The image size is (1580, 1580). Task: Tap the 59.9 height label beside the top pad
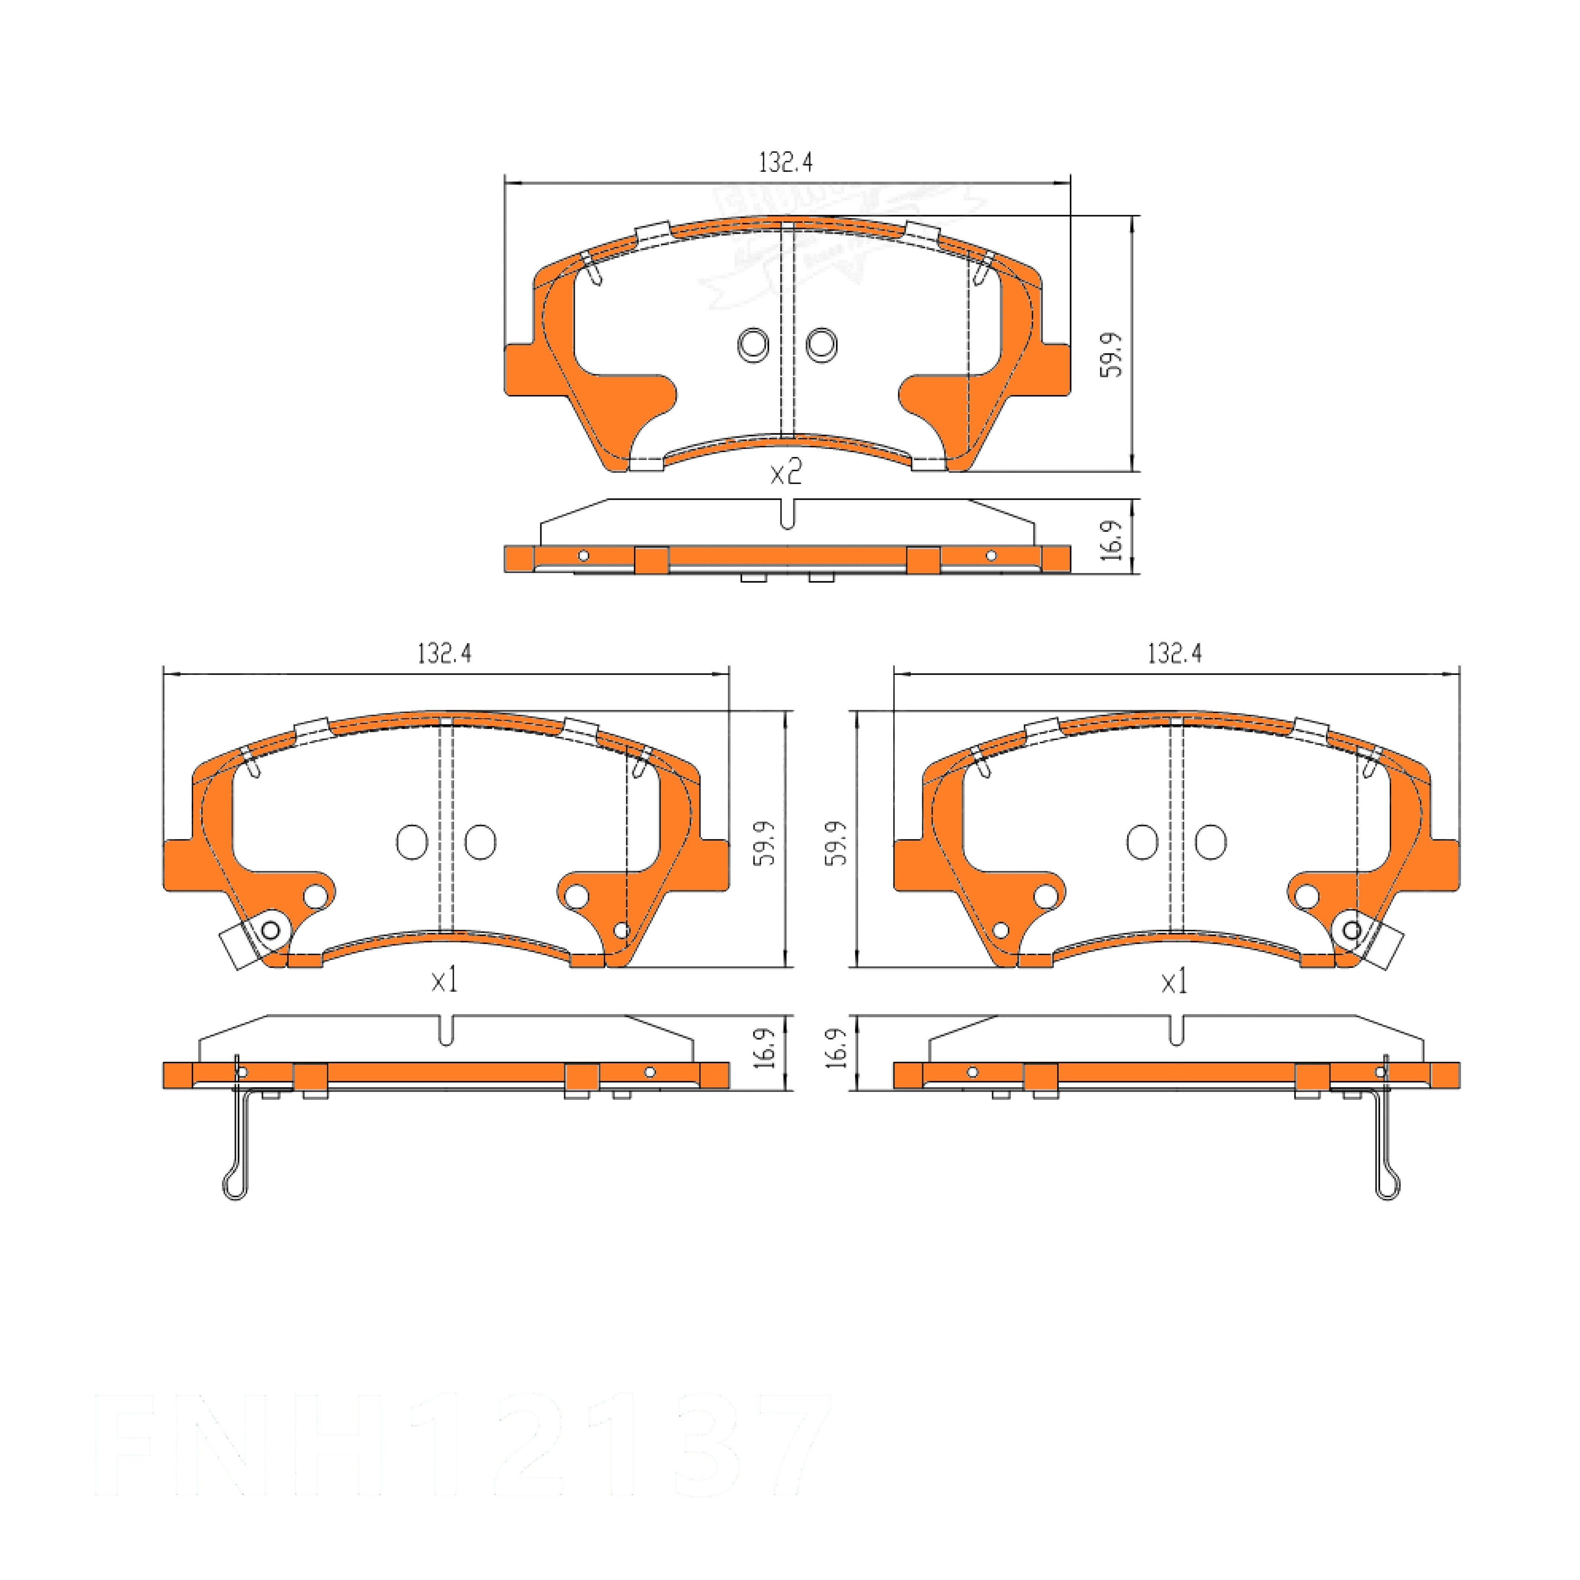tap(1111, 354)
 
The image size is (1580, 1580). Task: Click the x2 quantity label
tap(786, 473)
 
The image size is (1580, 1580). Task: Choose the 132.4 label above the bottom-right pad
tap(1174, 653)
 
